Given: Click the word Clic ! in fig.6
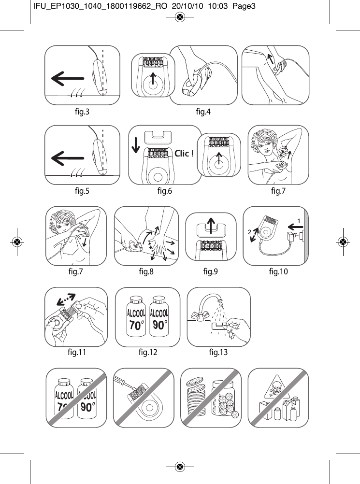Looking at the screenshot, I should (184, 154).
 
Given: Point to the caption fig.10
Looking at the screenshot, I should (278, 272).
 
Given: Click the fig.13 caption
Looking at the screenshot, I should (218, 352).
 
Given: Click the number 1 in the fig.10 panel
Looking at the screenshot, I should (299, 220).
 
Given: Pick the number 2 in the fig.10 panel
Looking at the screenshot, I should (250, 232).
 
